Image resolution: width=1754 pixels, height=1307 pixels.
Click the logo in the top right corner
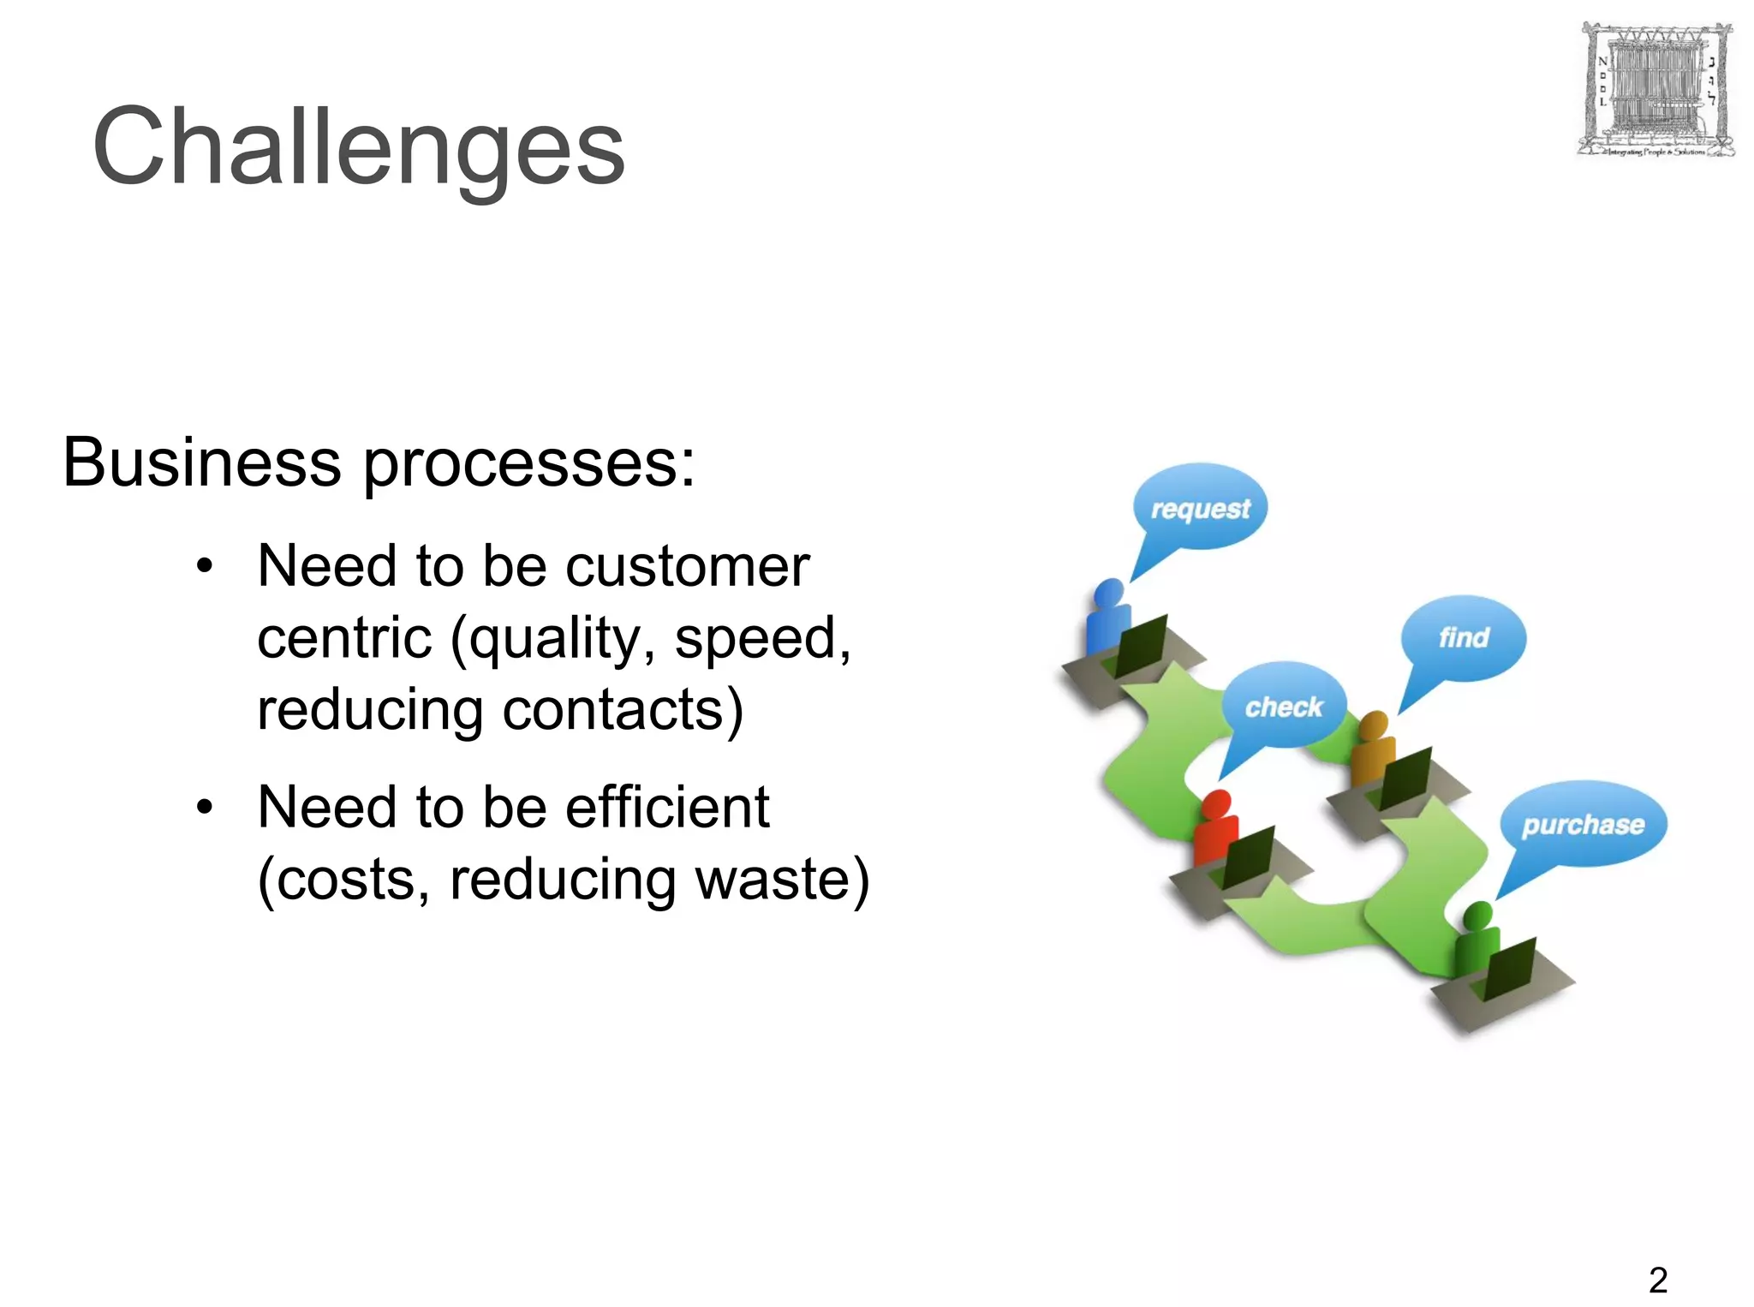(1655, 91)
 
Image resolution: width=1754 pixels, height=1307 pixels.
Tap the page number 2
(1658, 1280)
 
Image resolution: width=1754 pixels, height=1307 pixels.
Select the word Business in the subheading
(202, 463)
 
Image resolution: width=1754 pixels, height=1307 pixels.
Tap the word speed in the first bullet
(760, 639)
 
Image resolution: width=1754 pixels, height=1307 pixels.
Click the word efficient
(667, 808)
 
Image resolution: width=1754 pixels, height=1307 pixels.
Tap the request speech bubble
(1200, 508)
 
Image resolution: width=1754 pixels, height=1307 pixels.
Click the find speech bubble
(1464, 637)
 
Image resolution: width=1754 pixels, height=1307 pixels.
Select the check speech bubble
(1283, 707)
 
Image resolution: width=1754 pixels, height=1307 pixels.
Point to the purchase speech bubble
(1583, 824)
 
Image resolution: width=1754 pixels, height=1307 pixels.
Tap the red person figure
(1215, 827)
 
